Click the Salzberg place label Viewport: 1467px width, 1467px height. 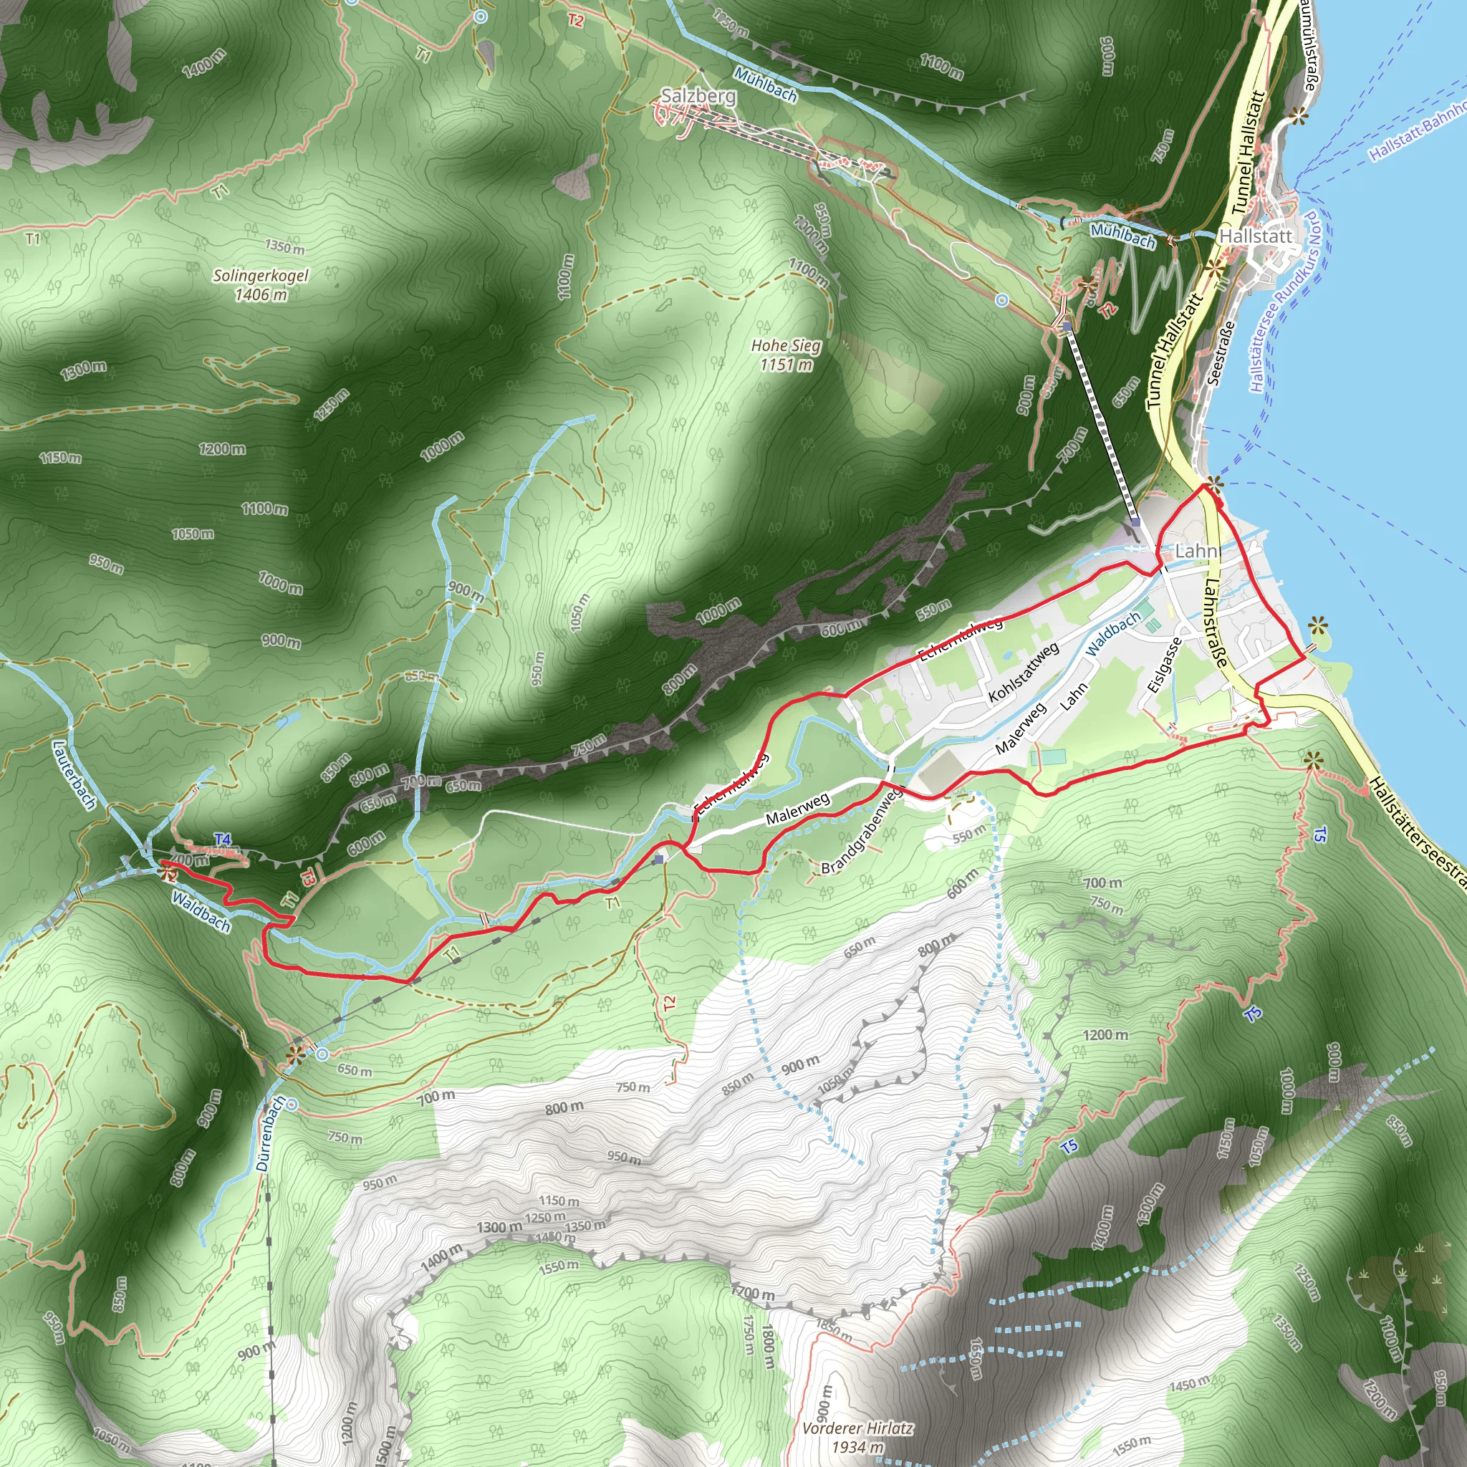coord(698,96)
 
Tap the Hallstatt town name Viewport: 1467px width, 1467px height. coord(1255,236)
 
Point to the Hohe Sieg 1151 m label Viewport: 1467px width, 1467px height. coord(786,355)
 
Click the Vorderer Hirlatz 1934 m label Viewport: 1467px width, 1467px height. coord(857,1438)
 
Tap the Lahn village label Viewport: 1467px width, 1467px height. coord(1197,551)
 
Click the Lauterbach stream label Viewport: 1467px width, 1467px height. coord(74,774)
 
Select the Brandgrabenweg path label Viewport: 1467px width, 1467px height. coord(862,830)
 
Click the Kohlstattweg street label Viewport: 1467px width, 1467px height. coord(1023,673)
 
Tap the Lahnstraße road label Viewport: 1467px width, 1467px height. coord(1215,622)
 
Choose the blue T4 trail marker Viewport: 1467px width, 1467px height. coord(223,839)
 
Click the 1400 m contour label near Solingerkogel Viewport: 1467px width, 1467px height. coord(203,62)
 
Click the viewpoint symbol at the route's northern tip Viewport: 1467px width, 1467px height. coord(1216,482)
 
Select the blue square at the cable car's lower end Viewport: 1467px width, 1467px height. coord(1135,522)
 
